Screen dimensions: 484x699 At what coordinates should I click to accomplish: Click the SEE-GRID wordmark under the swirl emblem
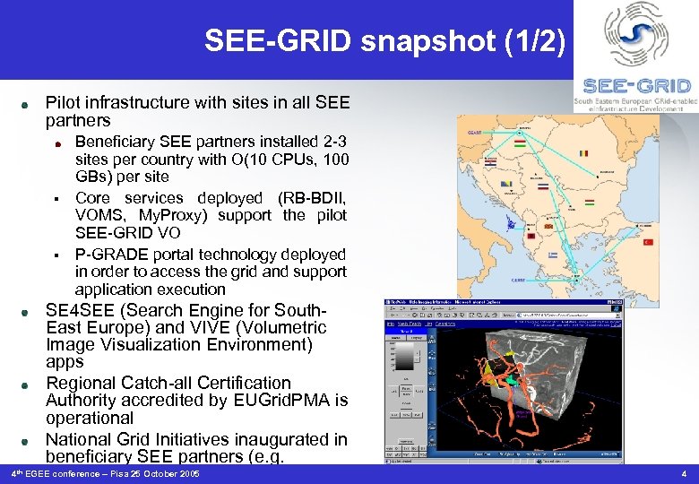[x=636, y=86]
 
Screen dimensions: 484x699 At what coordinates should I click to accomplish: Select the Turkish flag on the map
[x=648, y=242]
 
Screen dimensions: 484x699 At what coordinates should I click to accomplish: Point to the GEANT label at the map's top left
[x=474, y=132]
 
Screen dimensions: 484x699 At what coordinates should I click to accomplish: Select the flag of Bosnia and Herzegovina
[x=506, y=185]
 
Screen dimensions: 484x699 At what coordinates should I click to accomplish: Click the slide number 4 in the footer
[x=684, y=473]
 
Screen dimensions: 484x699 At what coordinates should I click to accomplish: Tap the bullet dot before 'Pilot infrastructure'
[x=29, y=103]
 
